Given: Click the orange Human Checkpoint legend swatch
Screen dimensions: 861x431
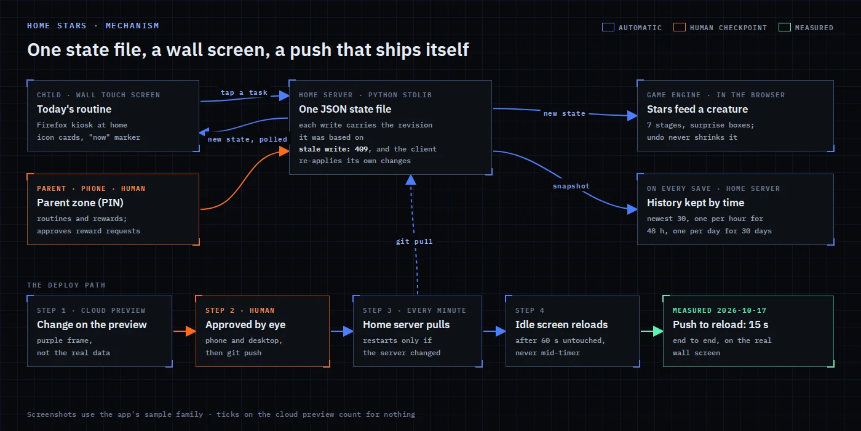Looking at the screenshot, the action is (679, 27).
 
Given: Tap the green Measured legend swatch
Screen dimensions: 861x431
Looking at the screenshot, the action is (784, 27).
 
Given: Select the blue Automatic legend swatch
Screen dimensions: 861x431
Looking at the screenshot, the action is (608, 27).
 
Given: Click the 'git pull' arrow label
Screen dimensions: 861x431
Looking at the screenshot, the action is (414, 241).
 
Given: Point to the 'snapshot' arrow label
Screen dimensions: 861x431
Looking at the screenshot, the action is (571, 186).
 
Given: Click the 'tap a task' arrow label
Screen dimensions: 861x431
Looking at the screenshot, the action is (244, 92).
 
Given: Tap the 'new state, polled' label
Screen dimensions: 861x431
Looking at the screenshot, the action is (247, 139).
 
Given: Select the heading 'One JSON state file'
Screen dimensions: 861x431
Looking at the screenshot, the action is (345, 110).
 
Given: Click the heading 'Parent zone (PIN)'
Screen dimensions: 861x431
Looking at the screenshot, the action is (80, 203).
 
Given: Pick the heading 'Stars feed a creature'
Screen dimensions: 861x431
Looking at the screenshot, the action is (697, 110).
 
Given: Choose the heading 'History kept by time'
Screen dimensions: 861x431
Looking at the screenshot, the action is (696, 203).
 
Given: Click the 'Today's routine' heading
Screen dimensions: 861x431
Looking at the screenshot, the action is (74, 110).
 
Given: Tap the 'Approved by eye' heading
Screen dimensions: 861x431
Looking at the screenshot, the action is (245, 325).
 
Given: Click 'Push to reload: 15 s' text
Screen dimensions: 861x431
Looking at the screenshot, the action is (720, 325).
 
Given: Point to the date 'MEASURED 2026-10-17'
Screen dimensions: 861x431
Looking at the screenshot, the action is (719, 310).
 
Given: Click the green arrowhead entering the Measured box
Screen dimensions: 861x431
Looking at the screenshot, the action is (657, 331).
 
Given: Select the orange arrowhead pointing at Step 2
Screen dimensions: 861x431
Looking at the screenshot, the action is (191, 331).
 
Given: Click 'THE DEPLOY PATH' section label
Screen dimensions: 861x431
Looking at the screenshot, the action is (66, 285).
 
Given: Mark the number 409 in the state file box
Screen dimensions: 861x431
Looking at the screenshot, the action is (361, 149).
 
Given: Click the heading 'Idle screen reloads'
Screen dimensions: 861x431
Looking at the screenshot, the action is (561, 325).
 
